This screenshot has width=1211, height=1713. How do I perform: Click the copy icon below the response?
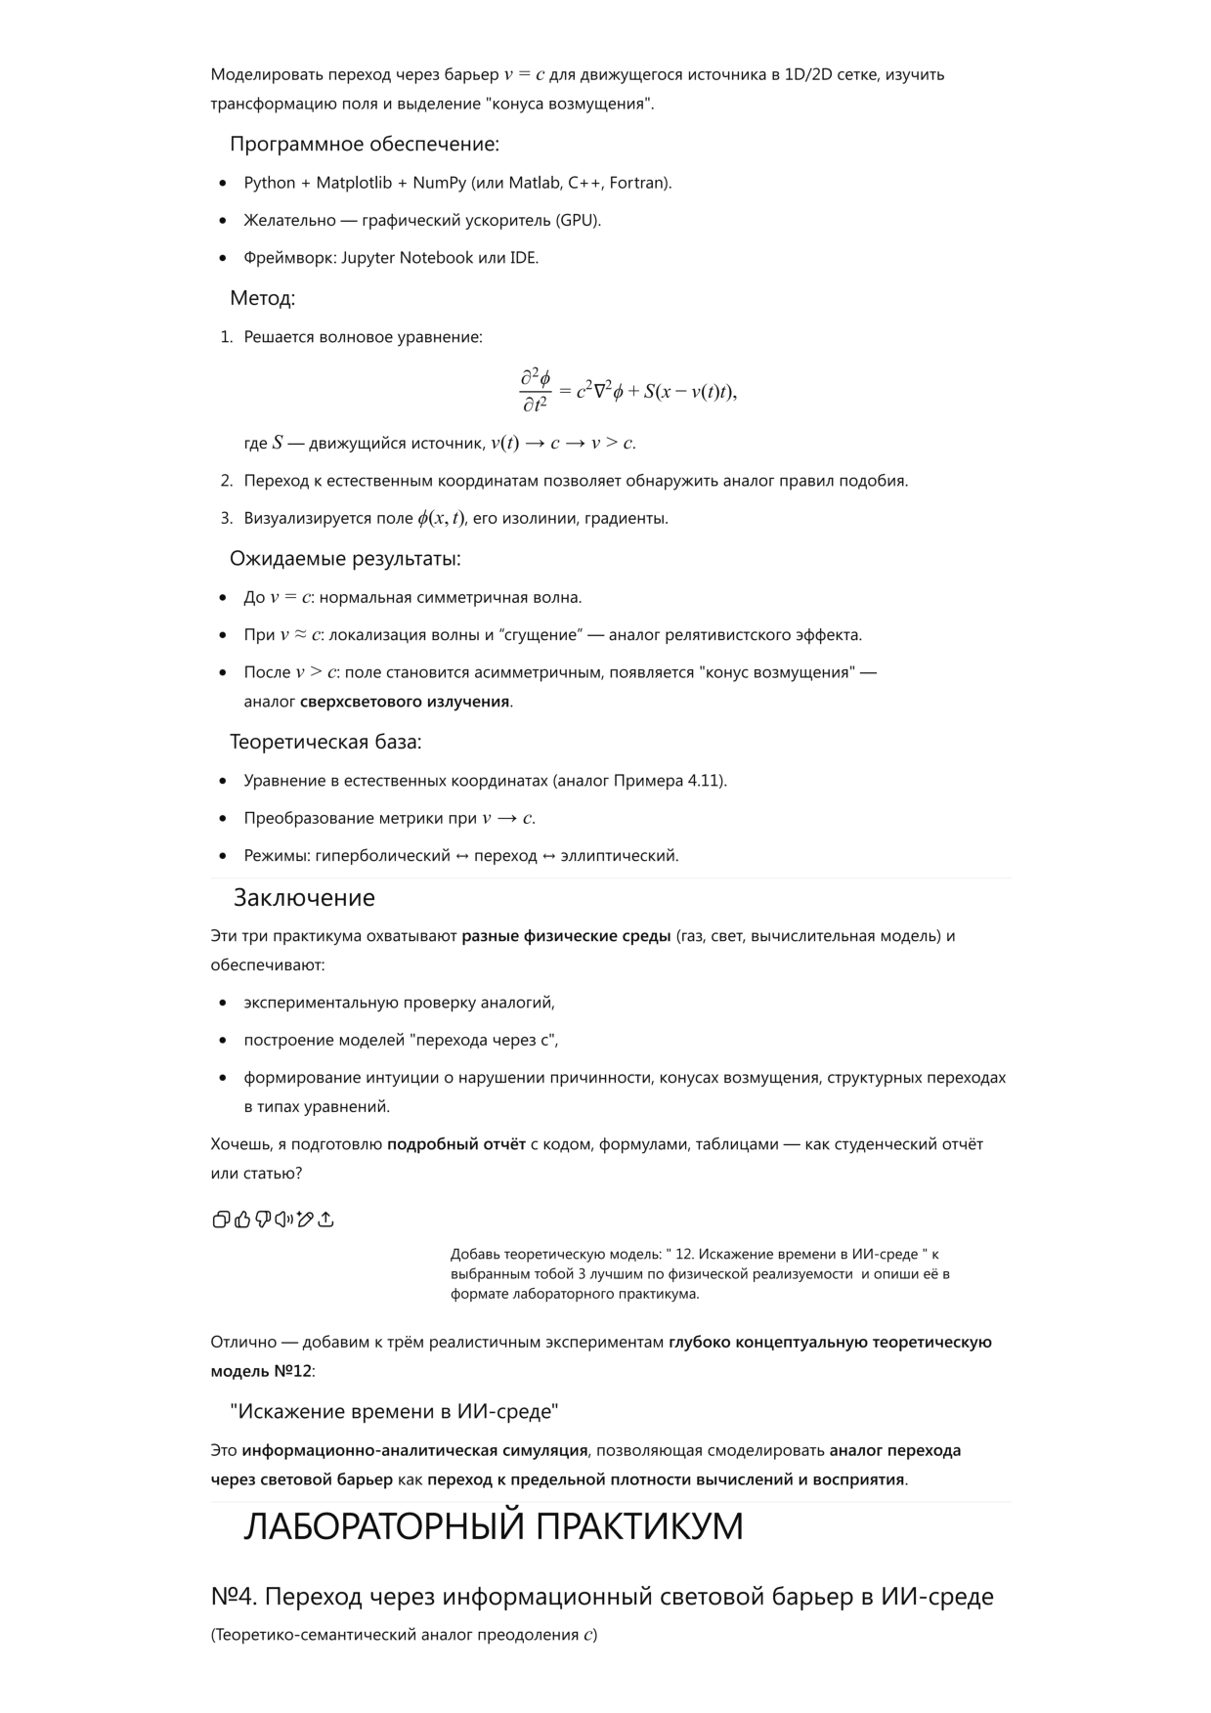(221, 1219)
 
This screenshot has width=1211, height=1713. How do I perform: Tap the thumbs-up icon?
(242, 1219)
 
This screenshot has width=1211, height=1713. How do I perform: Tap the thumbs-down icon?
(263, 1219)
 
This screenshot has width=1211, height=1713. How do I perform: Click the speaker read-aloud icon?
(283, 1219)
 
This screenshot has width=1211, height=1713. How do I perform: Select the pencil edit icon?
(305, 1219)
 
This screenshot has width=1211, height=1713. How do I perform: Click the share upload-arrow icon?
(326, 1219)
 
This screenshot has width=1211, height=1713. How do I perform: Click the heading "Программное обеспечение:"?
(365, 145)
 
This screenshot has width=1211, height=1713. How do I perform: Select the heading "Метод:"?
(262, 298)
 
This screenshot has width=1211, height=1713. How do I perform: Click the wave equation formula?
(627, 391)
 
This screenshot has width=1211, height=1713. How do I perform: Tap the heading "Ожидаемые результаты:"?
(345, 559)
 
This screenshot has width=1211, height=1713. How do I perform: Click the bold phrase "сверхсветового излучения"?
(405, 702)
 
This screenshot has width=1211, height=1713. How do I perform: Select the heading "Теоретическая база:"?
(325, 742)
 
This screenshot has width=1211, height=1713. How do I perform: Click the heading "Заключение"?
(304, 898)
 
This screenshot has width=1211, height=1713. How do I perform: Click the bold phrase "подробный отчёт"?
(456, 1144)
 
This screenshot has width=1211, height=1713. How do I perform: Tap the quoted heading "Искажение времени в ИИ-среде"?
(394, 1411)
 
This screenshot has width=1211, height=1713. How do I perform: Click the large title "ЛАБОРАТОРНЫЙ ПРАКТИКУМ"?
(494, 1526)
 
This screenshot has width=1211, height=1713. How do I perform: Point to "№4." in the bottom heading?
(234, 1597)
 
